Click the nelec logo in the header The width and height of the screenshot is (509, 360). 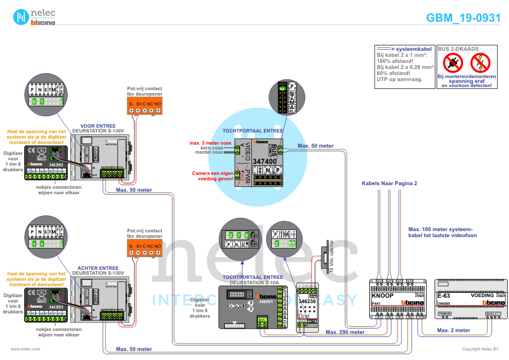click(34, 17)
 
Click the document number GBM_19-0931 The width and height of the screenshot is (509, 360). click(464, 18)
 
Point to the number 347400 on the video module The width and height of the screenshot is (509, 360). click(264, 162)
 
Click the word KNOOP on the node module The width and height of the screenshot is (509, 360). click(382, 295)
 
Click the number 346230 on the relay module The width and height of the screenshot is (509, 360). click(307, 301)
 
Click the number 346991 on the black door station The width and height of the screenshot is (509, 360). click(268, 301)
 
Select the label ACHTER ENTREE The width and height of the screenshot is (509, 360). click(97, 267)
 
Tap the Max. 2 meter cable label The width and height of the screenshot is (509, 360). click(453, 330)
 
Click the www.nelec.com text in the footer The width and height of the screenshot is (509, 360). click(25, 349)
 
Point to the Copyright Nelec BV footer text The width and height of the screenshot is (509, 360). click(481, 349)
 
